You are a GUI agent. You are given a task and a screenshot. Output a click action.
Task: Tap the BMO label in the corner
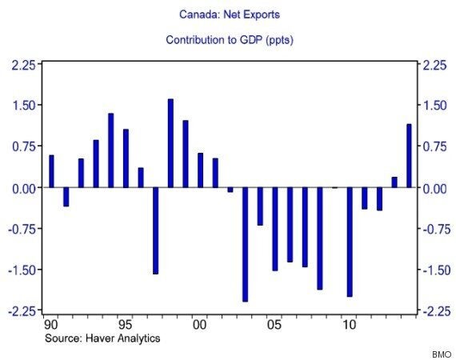point(442,354)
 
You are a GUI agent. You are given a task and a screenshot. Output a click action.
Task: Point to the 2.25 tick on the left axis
point(23,65)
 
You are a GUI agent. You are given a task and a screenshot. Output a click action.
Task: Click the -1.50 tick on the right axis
point(434,270)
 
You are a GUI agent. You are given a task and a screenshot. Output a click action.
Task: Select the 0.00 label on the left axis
point(24,189)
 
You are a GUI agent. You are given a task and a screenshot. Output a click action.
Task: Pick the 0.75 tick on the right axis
point(434,146)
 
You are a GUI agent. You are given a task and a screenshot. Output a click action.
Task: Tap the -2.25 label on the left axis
point(22,311)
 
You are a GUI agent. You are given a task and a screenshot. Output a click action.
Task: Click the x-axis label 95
point(126,325)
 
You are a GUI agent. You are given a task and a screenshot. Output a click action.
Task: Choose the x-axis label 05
point(274,325)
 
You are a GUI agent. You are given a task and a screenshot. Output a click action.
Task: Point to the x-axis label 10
point(349,325)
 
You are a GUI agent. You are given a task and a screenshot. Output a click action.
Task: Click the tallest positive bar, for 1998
point(170,143)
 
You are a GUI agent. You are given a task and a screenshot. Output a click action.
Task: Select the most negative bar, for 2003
point(245,245)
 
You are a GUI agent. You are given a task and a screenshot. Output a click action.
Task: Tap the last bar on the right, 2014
point(409,156)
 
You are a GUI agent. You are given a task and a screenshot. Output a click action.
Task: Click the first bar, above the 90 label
point(51,171)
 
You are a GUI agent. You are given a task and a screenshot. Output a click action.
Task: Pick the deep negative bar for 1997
point(155,231)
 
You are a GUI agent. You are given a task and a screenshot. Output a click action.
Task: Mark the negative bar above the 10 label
point(350,242)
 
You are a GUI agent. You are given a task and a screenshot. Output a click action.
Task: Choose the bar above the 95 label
point(126,158)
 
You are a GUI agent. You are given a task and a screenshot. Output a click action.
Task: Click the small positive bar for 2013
point(394,182)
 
